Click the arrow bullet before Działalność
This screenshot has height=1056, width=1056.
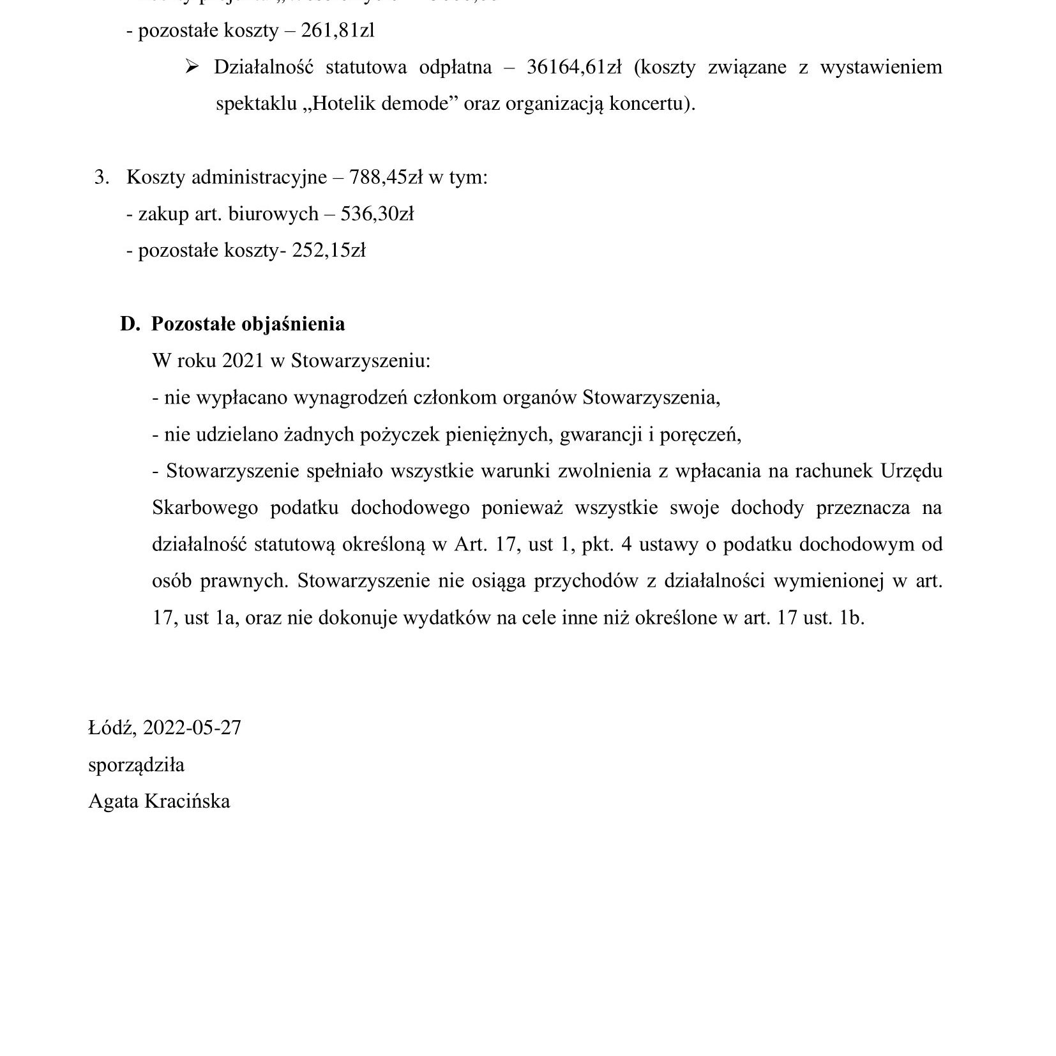pyautogui.click(x=192, y=66)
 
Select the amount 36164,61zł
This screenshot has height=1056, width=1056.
pyautogui.click(x=574, y=67)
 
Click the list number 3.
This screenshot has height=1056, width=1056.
pyautogui.click(x=101, y=177)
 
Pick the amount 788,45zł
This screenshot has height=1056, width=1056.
pyautogui.click(x=386, y=177)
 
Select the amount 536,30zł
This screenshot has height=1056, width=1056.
pyautogui.click(x=377, y=213)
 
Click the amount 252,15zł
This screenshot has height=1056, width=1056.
pyautogui.click(x=329, y=250)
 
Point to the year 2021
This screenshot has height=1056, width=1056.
pyautogui.click(x=243, y=361)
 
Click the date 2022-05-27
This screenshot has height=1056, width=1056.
pyautogui.click(x=192, y=728)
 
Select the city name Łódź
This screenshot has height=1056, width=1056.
pyautogui.click(x=112, y=728)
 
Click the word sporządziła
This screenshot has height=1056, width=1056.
pyautogui.click(x=136, y=764)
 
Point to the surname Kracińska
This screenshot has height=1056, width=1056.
pyautogui.click(x=187, y=801)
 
